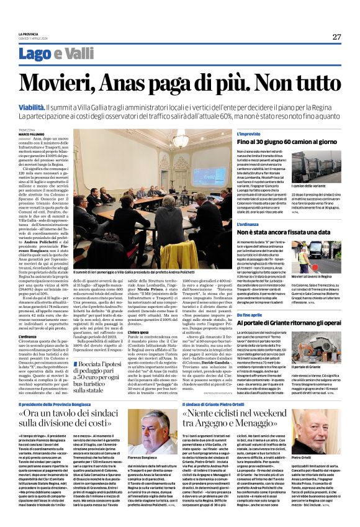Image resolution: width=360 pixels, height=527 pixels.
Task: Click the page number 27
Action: pyautogui.click(x=336, y=37)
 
